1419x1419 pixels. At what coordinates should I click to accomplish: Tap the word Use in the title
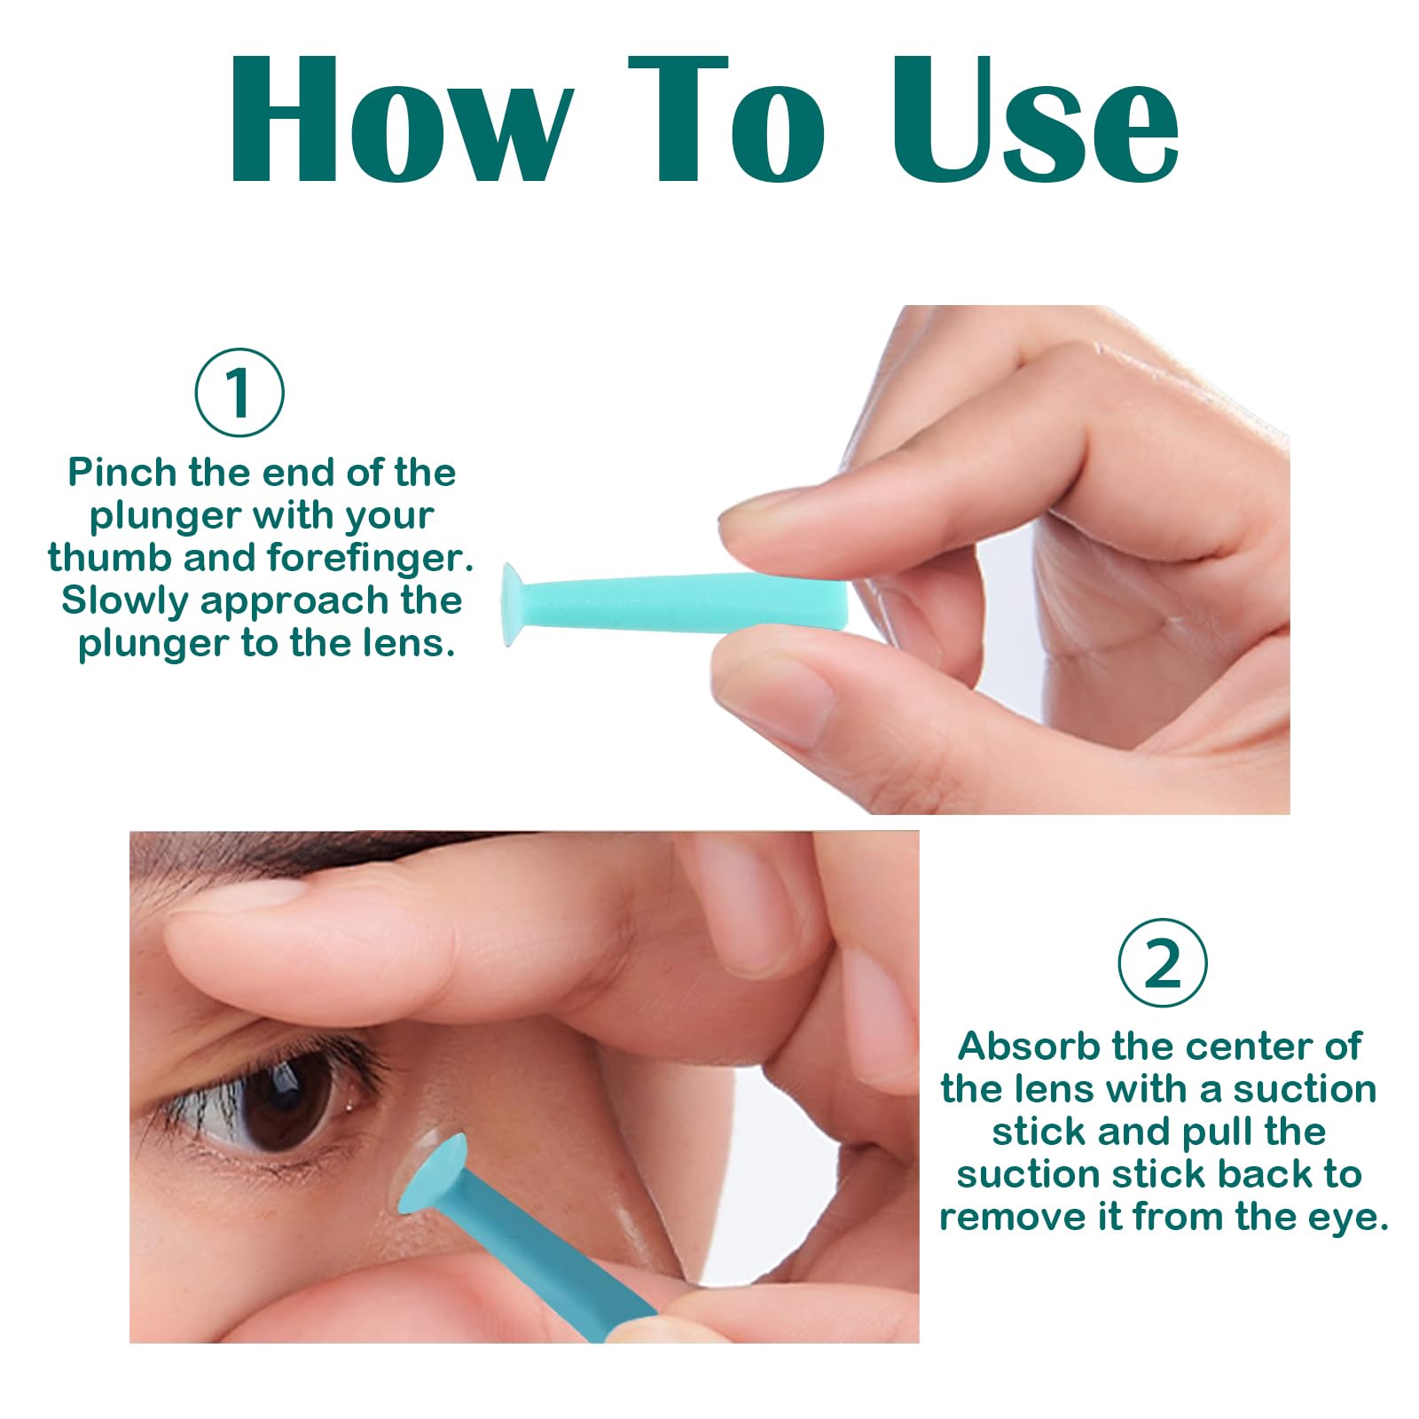[1034, 120]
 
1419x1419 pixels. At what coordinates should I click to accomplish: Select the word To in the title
[727, 120]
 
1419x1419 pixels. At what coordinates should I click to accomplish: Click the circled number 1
[239, 392]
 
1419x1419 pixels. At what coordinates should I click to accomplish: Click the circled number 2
[1162, 963]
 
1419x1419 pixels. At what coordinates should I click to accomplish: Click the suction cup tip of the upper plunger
[513, 604]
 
